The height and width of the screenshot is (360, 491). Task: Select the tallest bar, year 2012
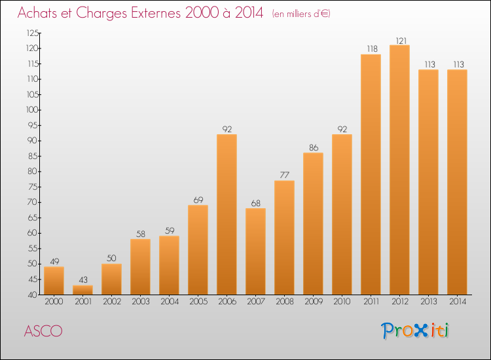(x=399, y=170)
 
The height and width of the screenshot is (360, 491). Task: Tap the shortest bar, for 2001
(x=82, y=290)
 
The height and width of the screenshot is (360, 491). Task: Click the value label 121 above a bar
(x=399, y=41)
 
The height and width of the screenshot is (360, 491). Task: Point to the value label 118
(x=371, y=50)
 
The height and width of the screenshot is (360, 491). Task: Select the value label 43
(x=82, y=281)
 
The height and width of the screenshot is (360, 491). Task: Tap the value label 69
(x=198, y=200)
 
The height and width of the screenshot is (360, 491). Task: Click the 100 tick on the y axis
(x=32, y=110)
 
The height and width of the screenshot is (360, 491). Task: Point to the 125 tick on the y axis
(x=32, y=33)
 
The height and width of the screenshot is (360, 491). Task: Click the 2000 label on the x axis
(x=54, y=302)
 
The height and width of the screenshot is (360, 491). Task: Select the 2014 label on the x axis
(x=457, y=302)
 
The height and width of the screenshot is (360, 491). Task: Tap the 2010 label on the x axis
(x=342, y=302)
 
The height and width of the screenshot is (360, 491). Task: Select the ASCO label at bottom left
(x=43, y=331)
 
